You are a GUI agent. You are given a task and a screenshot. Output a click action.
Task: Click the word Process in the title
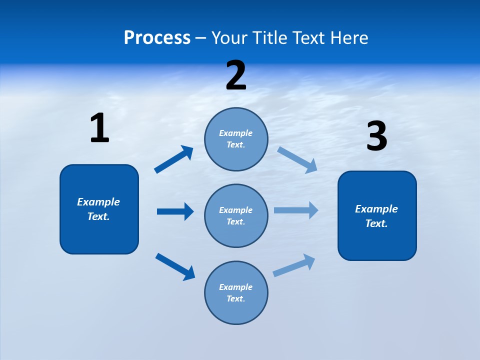click(157, 38)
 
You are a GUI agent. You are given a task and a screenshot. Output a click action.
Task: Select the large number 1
click(99, 128)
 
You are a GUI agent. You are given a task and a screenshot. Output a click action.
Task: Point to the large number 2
click(236, 75)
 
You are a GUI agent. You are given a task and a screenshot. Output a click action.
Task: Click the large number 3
click(376, 136)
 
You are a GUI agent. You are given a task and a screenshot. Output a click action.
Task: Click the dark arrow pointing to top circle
click(174, 159)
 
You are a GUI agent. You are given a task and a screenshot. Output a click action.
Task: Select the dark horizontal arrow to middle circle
click(175, 211)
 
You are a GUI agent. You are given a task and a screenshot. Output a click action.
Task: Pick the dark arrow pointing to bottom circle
click(175, 266)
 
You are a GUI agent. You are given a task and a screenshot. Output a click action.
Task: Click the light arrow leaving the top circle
click(297, 159)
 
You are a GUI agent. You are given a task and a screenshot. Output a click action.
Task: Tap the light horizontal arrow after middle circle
click(296, 210)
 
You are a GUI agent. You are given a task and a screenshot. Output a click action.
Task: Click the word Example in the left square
click(98, 202)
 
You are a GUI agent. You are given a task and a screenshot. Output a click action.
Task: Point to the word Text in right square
click(376, 223)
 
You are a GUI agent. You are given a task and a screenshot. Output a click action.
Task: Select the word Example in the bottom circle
click(235, 287)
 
